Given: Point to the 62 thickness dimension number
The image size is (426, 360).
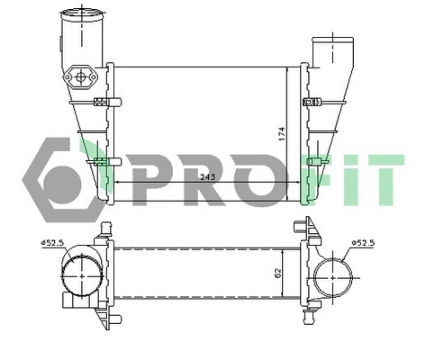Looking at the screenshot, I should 278,270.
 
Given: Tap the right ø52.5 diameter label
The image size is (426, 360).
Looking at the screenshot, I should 364,242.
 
